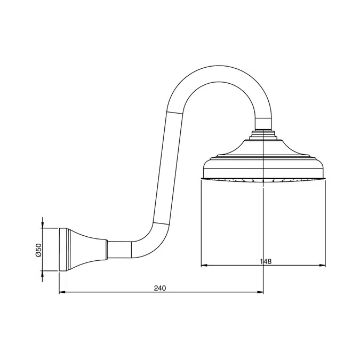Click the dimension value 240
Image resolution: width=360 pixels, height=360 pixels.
pos(160,288)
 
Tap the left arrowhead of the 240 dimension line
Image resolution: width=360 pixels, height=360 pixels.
pos(60,292)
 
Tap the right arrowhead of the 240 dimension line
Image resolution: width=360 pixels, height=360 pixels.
pos(261,292)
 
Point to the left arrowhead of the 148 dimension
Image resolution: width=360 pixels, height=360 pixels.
pos(203,266)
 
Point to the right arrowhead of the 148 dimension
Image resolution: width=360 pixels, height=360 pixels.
pos(324,266)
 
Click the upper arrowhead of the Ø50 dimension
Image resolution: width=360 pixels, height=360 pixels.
pos(43,226)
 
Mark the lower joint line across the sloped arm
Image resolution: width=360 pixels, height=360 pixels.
pos(160,222)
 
